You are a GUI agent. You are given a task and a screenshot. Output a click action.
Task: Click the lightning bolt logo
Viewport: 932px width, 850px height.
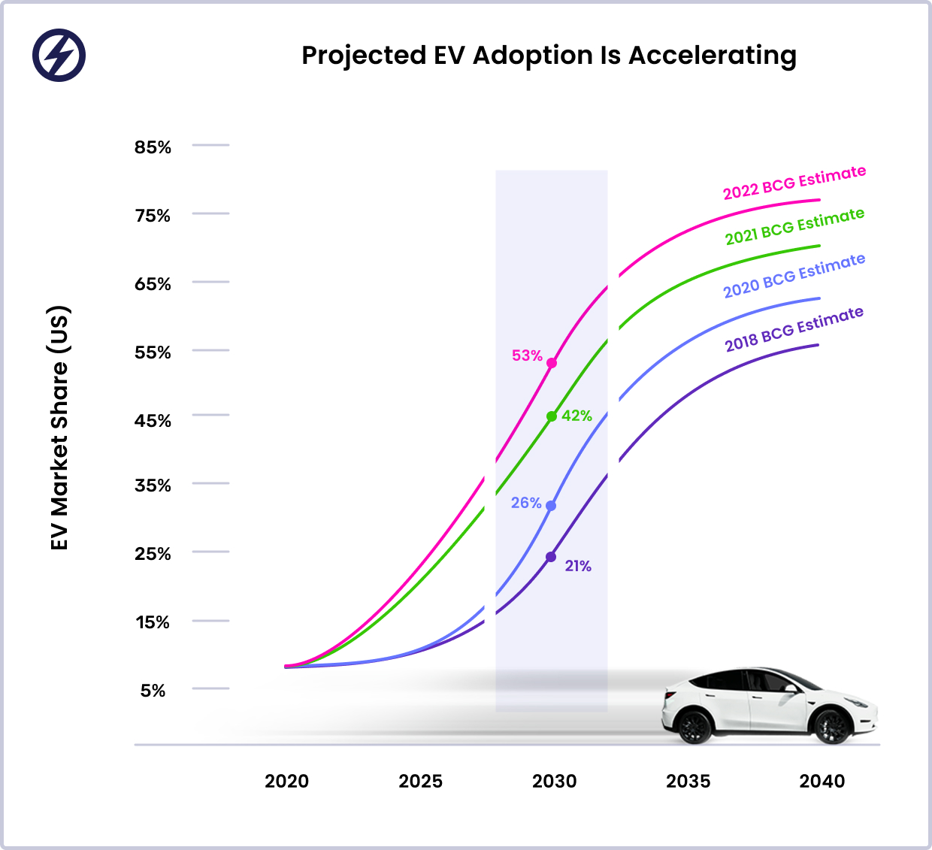pos(59,55)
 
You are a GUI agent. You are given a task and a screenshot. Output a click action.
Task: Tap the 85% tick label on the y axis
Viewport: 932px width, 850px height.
pos(153,147)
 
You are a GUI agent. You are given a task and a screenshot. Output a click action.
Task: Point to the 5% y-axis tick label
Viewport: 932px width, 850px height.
pos(153,691)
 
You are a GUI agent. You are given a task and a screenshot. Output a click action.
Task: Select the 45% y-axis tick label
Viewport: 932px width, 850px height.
pos(153,421)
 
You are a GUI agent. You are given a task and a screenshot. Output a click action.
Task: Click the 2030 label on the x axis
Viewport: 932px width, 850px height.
pos(554,782)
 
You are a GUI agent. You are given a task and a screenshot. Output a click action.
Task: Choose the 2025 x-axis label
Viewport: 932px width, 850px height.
pos(420,782)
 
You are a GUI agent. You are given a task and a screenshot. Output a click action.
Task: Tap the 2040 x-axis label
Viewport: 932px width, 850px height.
pos(822,782)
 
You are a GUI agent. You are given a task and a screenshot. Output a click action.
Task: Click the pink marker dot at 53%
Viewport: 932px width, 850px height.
pos(552,363)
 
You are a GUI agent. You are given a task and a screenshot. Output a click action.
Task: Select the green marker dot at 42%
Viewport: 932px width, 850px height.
pos(552,416)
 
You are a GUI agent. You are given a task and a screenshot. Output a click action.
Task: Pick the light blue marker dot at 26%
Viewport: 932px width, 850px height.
pos(551,506)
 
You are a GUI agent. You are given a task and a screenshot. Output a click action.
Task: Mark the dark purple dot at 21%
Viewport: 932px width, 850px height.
pos(551,557)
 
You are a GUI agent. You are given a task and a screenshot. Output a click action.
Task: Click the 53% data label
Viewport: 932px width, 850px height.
pos(527,355)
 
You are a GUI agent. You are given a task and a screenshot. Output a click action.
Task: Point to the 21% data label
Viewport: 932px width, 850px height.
pos(578,566)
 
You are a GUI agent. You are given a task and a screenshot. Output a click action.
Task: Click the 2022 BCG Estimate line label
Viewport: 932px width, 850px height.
pos(794,183)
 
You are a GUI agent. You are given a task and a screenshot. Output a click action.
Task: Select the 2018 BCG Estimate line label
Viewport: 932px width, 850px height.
pos(794,329)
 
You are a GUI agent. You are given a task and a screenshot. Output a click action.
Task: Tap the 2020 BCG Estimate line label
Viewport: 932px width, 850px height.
pos(794,276)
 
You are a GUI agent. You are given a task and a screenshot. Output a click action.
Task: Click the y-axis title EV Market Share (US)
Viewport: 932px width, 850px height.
pos(59,428)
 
